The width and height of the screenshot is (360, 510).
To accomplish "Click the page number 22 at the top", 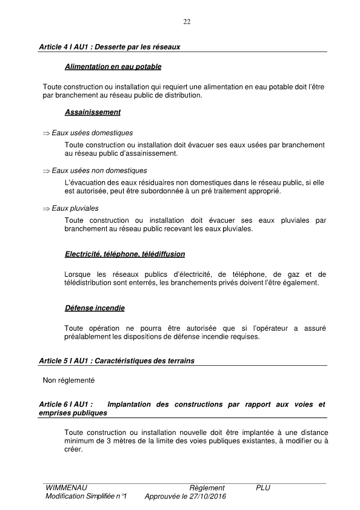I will (187, 22).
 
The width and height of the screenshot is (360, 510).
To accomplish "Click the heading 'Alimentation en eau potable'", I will (113, 66).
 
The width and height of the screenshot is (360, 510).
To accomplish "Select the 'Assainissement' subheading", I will (92, 112).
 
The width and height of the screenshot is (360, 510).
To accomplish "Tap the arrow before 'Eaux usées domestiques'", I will (46, 133).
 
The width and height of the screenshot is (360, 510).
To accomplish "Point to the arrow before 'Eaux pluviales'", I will (46, 208).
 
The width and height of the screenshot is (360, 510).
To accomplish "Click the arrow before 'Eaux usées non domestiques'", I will (46, 171).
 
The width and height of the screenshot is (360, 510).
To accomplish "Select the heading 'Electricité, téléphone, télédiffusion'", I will (124, 254).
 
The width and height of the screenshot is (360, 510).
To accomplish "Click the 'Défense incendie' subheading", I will (94, 308).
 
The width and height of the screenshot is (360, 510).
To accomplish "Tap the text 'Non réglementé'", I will (69, 381).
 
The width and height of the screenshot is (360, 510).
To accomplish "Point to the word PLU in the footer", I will (263, 488).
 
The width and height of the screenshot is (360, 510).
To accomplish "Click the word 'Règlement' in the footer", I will (207, 488).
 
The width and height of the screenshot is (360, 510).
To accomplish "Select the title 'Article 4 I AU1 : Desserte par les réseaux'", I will (109, 47).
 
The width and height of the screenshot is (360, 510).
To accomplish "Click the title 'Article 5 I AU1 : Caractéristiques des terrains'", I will (116, 361).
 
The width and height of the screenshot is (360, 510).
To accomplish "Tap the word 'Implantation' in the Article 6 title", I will (134, 404).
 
